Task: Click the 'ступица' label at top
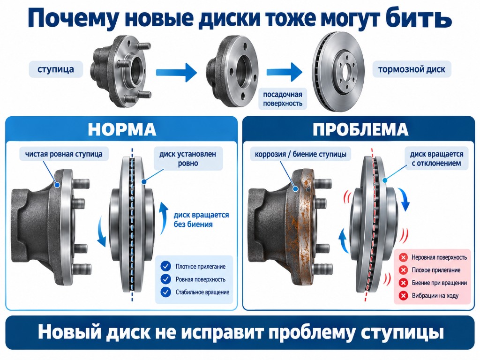point(56,69)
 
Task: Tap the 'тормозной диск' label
point(412,69)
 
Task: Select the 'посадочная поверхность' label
point(283,99)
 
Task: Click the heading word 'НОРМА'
point(122,129)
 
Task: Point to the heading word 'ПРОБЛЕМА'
point(360,129)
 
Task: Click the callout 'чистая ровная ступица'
point(64,154)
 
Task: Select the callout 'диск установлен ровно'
point(188,158)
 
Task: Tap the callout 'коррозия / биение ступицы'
point(300,154)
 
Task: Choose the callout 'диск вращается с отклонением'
point(436,158)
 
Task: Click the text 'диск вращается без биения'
point(201,220)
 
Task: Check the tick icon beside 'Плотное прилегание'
point(165,266)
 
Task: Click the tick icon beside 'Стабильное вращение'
point(165,292)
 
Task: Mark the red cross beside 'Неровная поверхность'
point(403,257)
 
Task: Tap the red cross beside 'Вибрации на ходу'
point(403,296)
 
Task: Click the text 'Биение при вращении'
point(439,283)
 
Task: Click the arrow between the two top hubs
point(177,72)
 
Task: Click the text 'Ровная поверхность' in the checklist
point(201,279)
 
